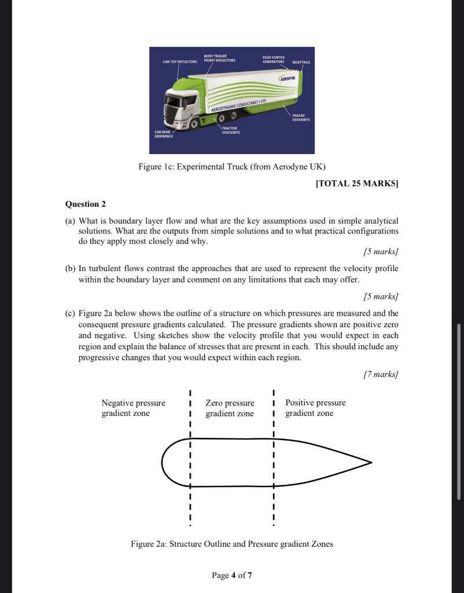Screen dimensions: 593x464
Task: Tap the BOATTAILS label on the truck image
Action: [x=301, y=61]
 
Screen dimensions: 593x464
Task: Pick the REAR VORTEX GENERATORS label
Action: [x=272, y=59]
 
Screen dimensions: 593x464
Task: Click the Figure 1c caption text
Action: [x=231, y=167]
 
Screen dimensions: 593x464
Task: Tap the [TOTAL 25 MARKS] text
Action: [x=357, y=184]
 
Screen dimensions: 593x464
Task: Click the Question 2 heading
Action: [x=86, y=204]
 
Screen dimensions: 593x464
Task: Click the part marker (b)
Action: [x=70, y=269]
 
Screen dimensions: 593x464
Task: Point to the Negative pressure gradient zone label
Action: [x=133, y=408]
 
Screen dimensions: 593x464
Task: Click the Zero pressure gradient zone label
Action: [x=230, y=408]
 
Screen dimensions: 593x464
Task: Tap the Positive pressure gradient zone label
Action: [x=315, y=408]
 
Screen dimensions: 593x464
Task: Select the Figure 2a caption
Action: [x=231, y=544]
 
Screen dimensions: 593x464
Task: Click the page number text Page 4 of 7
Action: [x=231, y=575]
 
